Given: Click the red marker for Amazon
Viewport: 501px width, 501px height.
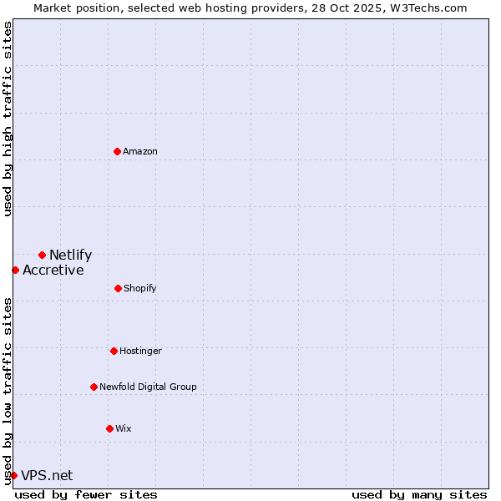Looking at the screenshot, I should [x=117, y=151].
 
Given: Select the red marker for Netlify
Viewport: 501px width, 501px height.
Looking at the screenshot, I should [x=42, y=255].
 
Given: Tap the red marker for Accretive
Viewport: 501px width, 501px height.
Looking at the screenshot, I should [x=15, y=270].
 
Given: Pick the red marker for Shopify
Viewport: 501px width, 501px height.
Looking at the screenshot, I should [x=118, y=288].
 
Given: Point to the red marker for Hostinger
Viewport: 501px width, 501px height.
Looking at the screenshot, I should [x=114, y=351].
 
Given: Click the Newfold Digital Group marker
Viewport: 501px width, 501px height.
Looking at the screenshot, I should [x=94, y=387].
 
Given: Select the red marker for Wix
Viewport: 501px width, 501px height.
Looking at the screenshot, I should [x=109, y=428].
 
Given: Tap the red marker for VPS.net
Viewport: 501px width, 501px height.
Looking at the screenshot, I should [x=13, y=475].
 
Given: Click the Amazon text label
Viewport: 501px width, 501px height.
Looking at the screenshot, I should [x=140, y=151].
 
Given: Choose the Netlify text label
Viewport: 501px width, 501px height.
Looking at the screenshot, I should [x=70, y=256].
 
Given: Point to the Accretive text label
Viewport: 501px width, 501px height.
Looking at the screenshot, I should [x=53, y=271].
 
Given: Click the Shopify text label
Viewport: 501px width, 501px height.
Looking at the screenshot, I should [x=140, y=288].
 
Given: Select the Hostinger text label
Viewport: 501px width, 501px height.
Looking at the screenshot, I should [x=140, y=351].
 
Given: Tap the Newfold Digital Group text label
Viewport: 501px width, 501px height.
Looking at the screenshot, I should [x=148, y=387].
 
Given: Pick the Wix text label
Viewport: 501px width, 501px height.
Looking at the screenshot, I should [x=124, y=428].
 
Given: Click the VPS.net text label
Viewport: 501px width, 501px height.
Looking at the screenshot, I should [x=47, y=476].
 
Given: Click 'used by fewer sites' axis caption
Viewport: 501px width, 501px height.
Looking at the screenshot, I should [x=86, y=494].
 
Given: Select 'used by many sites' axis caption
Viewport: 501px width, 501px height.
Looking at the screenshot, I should [x=418, y=494].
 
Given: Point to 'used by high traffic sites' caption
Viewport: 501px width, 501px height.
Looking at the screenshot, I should [x=8, y=119].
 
